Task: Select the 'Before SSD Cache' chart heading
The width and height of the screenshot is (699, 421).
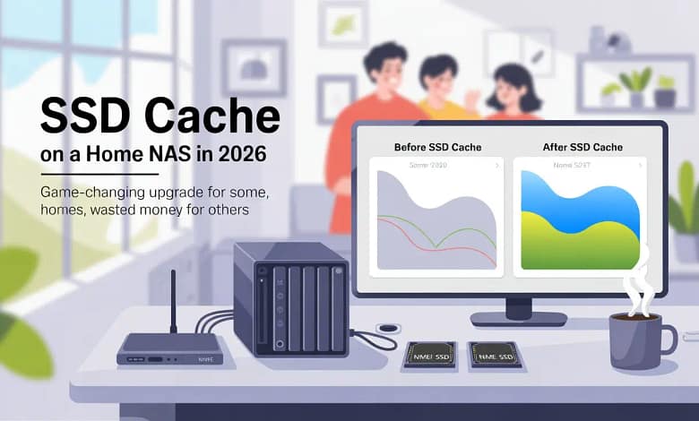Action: coord(437,147)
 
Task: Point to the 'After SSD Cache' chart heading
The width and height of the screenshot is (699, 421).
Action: coord(582,147)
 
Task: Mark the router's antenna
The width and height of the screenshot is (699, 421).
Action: coord(173,301)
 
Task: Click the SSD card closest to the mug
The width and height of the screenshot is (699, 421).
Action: coord(493,356)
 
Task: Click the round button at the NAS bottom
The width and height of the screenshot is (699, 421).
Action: coord(280,344)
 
